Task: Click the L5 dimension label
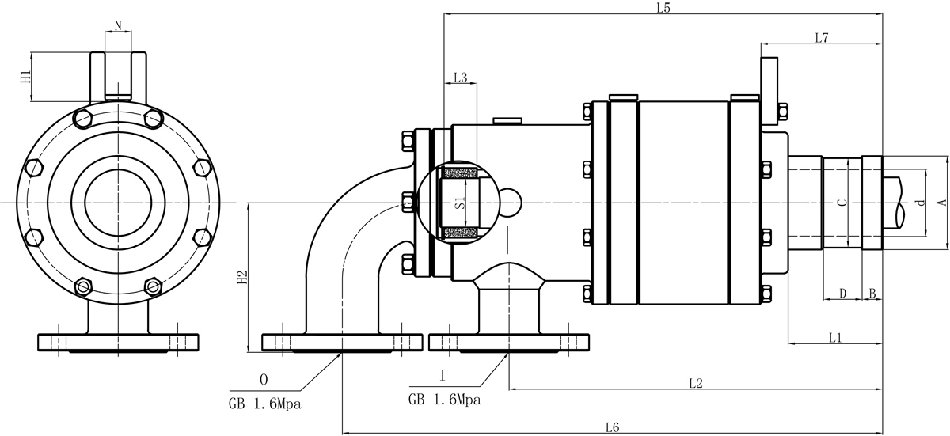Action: (663, 9)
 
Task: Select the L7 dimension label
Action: (821, 38)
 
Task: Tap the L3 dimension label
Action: (460, 78)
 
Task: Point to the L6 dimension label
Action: (611, 427)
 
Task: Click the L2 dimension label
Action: (696, 384)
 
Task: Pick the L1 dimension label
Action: (834, 338)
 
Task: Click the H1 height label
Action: (25, 77)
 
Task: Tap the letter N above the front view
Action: (118, 25)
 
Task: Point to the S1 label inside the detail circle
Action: (458, 202)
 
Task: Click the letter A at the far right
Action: (940, 203)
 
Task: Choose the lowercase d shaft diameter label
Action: (919, 203)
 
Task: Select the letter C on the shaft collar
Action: (842, 203)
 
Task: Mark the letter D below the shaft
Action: (842, 294)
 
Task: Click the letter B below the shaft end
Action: (872, 294)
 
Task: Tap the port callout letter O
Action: (264, 378)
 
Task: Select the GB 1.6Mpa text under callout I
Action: (444, 400)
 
